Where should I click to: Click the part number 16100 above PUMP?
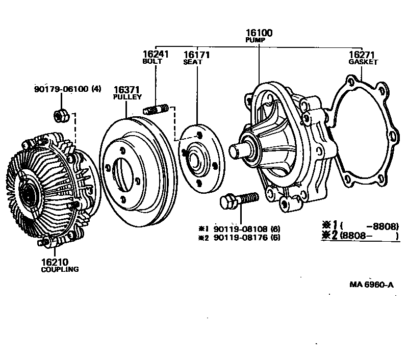pos(259,33)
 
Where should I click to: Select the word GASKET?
pos(363,62)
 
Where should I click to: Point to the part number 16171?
pos(197,55)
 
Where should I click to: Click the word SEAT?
pos(193,62)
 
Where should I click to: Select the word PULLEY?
pos(127,96)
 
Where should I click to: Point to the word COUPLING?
pos(59,269)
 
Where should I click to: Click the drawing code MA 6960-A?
pos(372,285)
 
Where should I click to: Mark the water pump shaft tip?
pos(235,151)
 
